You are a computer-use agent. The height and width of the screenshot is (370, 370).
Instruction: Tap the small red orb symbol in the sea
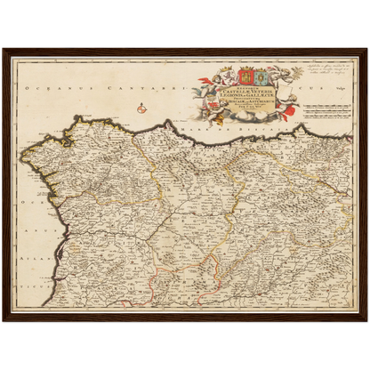pyautogui.click(x=141, y=109)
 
